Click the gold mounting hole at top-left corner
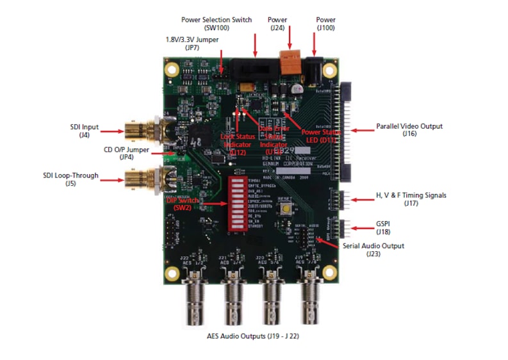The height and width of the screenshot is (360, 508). (x=170, y=67)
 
